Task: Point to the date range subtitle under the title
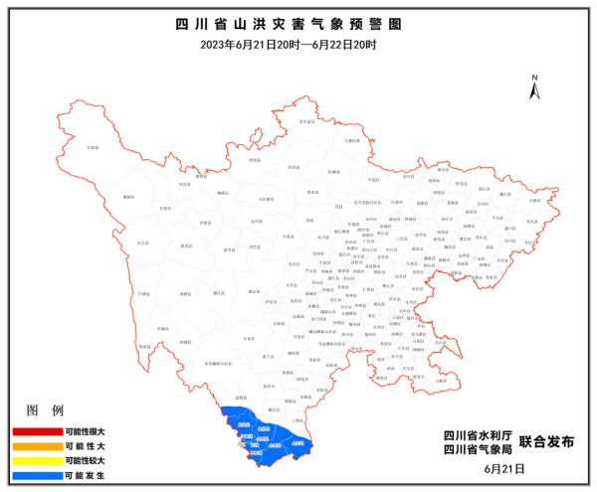pos(298,46)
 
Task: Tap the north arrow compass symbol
pos(534,86)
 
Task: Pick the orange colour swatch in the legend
pos(35,446)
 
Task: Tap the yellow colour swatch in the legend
pos(35,461)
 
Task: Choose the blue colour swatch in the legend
pos(35,476)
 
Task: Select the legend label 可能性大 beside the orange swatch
pos(84,446)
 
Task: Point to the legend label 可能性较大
pos(84,461)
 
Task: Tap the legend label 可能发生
pos(84,476)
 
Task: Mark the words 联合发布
pos(548,443)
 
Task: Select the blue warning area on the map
pos(264,437)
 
